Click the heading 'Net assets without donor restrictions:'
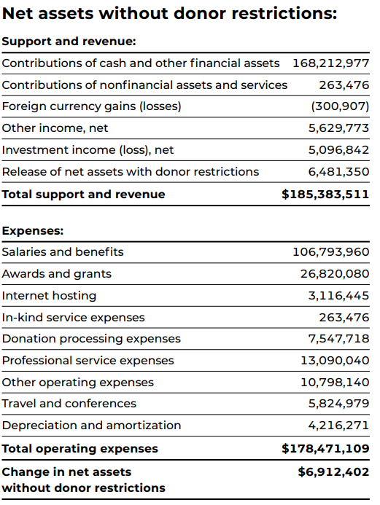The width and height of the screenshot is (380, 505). (x=169, y=14)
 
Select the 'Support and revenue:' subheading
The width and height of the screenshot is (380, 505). (x=69, y=42)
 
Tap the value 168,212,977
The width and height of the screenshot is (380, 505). (x=330, y=63)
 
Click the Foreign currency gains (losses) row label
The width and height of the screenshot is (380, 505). (x=91, y=106)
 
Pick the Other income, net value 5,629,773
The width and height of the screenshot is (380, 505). (x=338, y=128)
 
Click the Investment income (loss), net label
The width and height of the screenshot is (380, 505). (x=88, y=150)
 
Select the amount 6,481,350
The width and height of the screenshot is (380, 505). (x=338, y=172)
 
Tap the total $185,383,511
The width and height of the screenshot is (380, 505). (x=325, y=195)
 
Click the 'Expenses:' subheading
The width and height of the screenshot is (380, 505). (x=33, y=230)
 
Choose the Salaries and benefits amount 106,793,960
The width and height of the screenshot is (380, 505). (x=330, y=252)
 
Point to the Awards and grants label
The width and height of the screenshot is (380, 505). (x=57, y=274)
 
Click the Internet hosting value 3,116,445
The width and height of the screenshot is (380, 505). (x=338, y=296)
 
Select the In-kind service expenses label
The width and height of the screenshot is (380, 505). (x=73, y=318)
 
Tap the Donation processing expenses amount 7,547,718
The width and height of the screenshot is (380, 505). (x=338, y=339)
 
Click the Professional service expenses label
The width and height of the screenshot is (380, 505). (x=88, y=361)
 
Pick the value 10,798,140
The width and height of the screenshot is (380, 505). (x=335, y=383)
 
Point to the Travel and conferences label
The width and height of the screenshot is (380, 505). (x=69, y=404)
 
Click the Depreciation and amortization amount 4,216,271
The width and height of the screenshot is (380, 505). (x=338, y=426)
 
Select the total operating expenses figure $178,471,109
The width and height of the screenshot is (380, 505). (x=325, y=448)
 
